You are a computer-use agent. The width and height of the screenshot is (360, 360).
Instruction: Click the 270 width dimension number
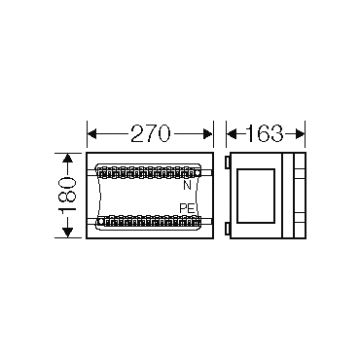pos(150,133)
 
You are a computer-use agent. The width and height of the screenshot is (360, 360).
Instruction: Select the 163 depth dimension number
pos(265,133)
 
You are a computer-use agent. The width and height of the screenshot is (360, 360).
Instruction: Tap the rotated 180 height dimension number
pos(67,195)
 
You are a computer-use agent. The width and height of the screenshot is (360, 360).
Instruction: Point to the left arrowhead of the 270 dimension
pos(92,133)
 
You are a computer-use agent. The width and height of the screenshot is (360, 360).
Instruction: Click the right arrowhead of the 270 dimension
pos(207,133)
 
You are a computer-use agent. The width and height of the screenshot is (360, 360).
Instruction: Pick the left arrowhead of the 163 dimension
pos(232,133)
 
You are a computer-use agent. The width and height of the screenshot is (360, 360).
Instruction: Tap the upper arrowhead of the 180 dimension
pos(67,159)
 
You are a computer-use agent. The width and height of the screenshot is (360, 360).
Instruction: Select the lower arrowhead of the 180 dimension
pos(67,233)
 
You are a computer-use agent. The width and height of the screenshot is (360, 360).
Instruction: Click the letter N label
pos(187,185)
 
